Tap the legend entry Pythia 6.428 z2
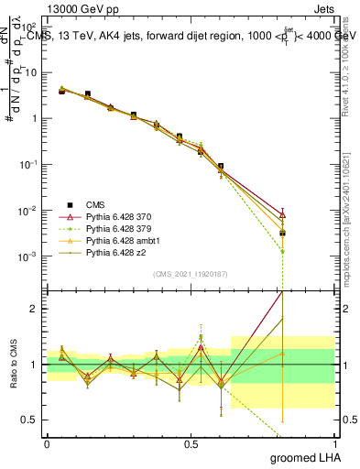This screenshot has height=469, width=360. pyautogui.click(x=112, y=252)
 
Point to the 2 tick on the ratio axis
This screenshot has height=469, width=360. pyautogui.click(x=35, y=309)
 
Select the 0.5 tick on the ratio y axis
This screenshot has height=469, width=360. pyautogui.click(x=31, y=420)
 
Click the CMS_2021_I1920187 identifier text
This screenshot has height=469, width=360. pyautogui.click(x=191, y=274)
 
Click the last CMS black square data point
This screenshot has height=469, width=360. pyautogui.click(x=283, y=233)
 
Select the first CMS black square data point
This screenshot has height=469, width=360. pyautogui.click(x=61, y=91)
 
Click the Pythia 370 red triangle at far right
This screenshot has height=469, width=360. pyautogui.click(x=283, y=214)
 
